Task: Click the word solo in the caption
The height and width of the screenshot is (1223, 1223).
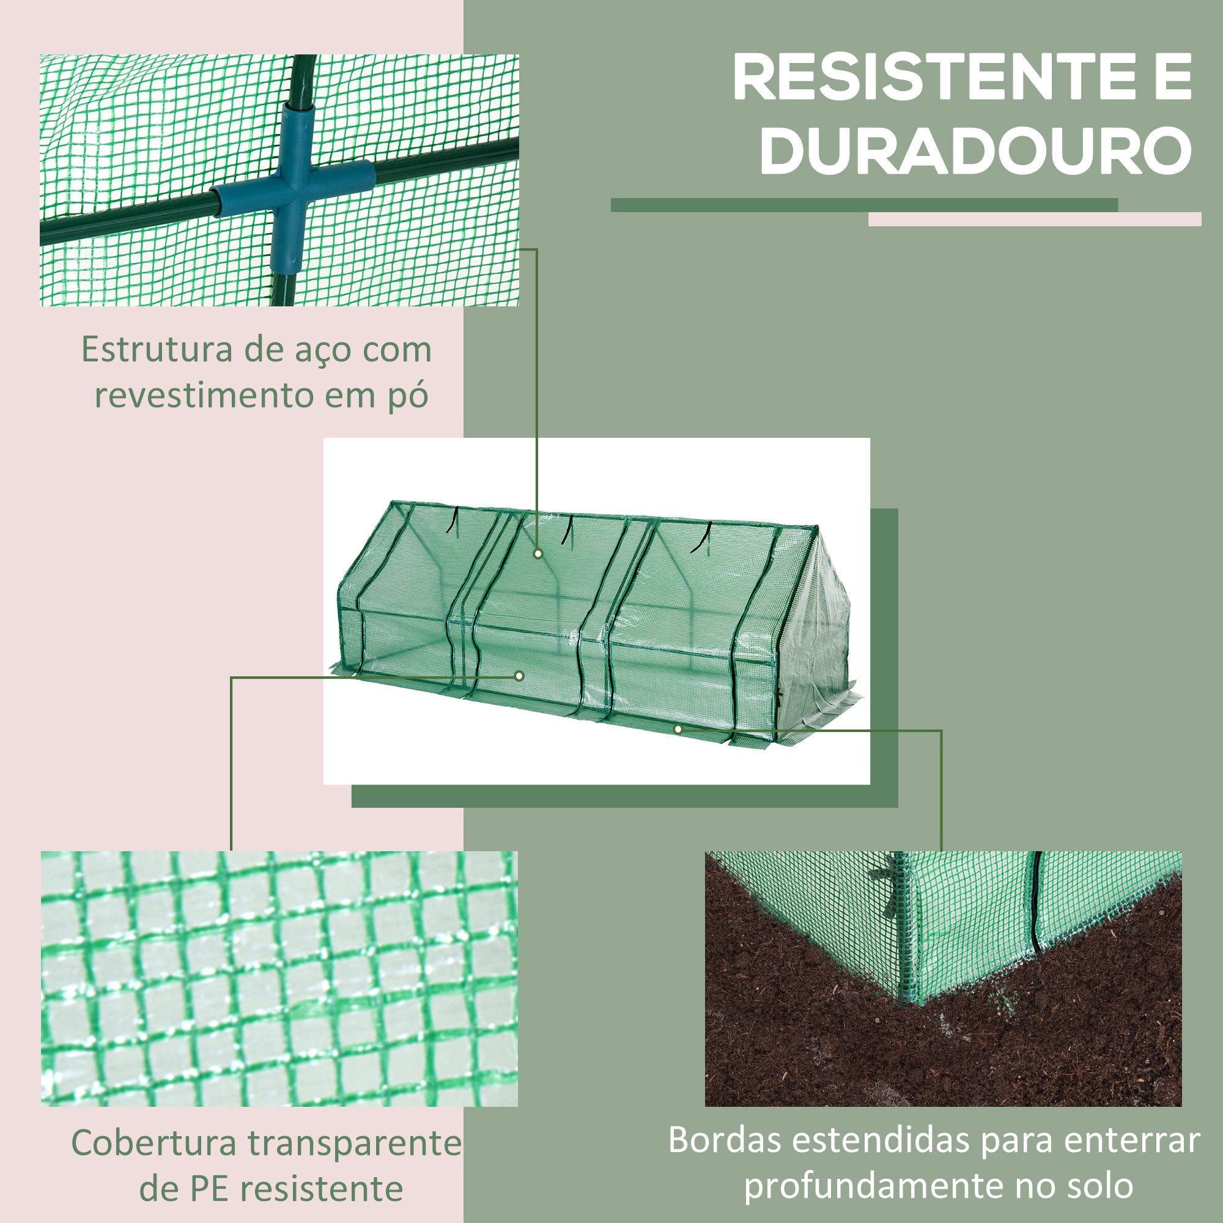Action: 1099,1186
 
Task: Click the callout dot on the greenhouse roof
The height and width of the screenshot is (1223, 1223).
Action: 538,553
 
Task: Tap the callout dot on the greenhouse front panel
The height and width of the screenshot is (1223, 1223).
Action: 519,676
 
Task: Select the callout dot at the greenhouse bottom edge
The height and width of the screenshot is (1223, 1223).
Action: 678,730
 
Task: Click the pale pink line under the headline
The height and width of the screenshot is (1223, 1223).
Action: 1035,219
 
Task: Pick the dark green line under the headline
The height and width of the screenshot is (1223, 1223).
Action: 864,205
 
